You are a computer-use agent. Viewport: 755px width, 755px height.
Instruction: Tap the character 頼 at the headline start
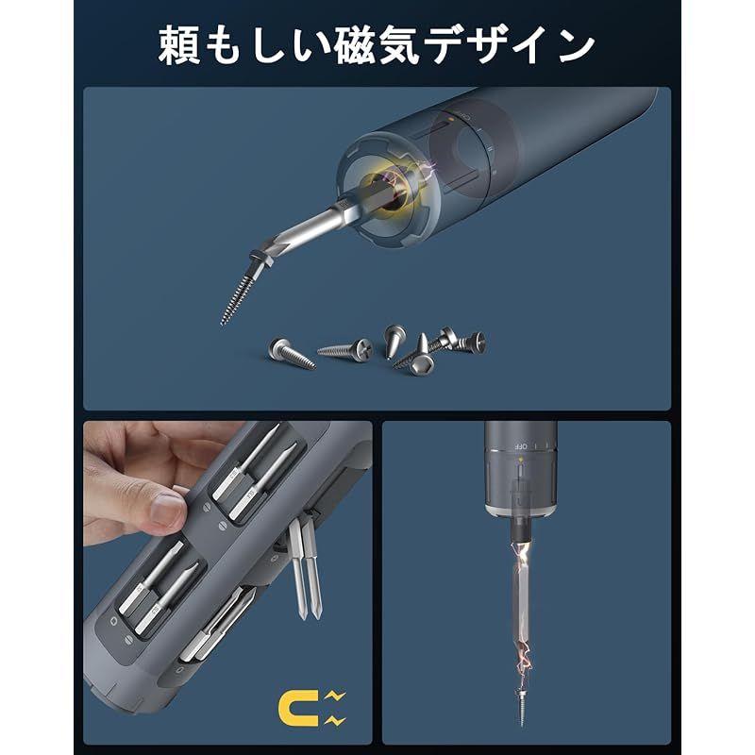pos(181,44)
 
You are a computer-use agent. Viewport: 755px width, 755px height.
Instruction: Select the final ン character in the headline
pos(572,44)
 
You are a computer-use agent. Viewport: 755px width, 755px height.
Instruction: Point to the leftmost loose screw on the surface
pos(287,350)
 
